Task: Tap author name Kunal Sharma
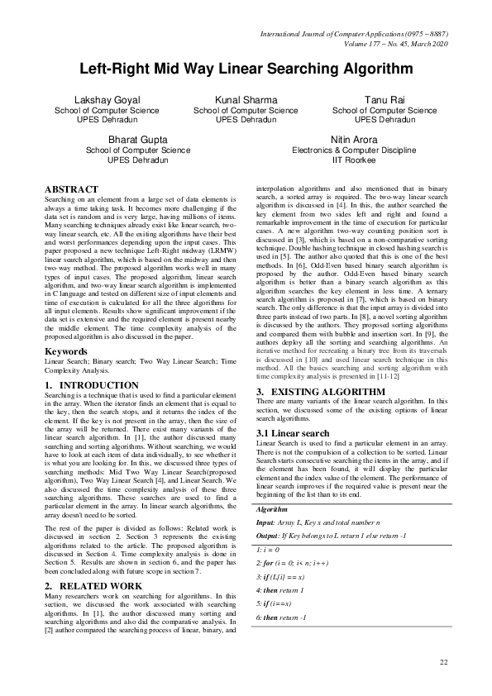click(246, 99)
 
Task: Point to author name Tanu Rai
click(385, 99)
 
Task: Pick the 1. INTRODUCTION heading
click(91, 385)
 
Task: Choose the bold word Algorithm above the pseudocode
click(273, 511)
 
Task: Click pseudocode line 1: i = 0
click(270, 549)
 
